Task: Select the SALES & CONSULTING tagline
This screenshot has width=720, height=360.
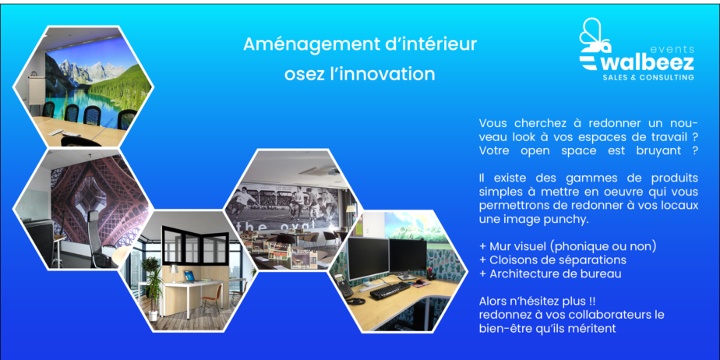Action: click(648, 78)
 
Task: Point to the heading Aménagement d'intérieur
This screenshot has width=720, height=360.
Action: click(360, 44)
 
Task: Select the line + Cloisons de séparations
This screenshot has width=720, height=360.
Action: click(552, 260)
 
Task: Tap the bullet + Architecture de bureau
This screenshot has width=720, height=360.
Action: click(550, 274)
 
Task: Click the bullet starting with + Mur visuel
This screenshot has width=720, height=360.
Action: click(567, 246)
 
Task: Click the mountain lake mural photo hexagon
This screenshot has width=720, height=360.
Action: click(83, 86)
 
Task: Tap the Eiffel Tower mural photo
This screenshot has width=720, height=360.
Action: click(82, 209)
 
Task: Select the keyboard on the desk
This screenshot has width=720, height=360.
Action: click(390, 291)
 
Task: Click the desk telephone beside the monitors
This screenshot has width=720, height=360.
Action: click(344, 287)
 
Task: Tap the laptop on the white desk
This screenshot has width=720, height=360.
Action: click(189, 276)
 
